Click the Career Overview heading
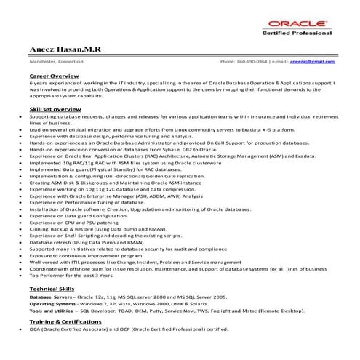point(54,75)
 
